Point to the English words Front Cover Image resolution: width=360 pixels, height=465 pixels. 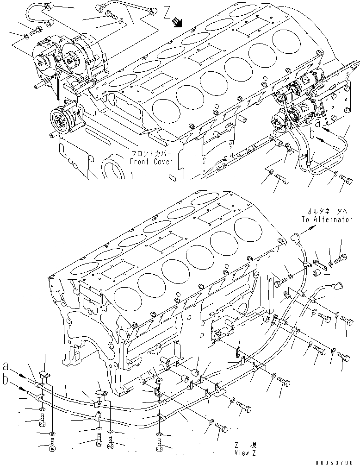click(x=151, y=162)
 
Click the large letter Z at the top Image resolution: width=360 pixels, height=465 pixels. click(x=167, y=13)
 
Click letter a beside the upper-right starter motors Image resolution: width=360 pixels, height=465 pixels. click(x=317, y=124)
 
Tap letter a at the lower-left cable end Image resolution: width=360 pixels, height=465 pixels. click(x=5, y=366)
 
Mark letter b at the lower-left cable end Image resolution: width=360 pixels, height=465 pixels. click(x=5, y=380)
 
